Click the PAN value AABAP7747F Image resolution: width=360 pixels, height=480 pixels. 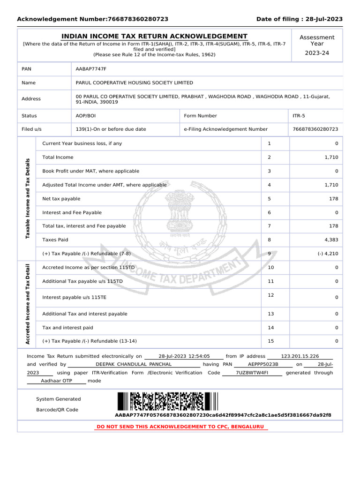coord(91,69)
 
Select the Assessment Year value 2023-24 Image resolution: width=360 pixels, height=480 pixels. coord(317,53)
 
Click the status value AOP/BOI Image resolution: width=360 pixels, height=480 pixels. coord(86,116)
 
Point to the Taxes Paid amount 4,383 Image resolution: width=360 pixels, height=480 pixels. coord(330,240)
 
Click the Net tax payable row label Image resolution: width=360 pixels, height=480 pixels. coord(61,199)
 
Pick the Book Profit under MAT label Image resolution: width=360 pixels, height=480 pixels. coord(90,171)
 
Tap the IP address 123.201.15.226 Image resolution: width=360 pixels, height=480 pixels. coord(300,356)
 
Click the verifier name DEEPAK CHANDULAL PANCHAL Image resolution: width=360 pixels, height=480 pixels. coord(134,364)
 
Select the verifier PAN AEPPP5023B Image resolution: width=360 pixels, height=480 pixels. coord(263,364)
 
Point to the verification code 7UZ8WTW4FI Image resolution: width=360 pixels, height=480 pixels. coord(252,373)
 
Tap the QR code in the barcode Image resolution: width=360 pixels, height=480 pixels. coord(167,402)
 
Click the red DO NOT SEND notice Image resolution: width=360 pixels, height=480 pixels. coord(180,427)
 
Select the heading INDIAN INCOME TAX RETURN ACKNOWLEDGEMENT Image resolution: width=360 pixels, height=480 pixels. coord(155,37)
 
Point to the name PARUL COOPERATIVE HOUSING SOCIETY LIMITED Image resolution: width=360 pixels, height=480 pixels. coord(134,82)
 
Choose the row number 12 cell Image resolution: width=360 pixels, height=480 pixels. coord(270,295)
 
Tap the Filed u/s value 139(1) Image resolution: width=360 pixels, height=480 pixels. coord(111,129)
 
